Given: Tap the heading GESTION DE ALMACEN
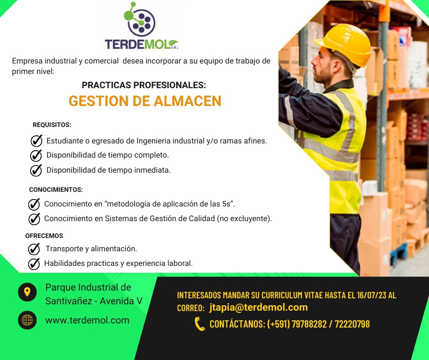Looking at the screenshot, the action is [145, 101].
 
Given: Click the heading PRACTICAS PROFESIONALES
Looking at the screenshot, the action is [144, 85].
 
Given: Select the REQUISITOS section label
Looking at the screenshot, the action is [52, 125].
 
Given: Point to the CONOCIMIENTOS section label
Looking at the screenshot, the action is [56, 190].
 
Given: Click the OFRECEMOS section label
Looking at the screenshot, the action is [44, 236].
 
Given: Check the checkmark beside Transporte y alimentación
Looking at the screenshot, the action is [34, 249].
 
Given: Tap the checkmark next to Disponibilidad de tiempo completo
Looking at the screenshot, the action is [36, 155].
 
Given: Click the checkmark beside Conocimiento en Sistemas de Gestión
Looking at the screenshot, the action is [34, 219].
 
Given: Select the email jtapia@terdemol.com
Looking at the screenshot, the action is [259, 307].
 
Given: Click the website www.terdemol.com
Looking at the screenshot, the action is [87, 320].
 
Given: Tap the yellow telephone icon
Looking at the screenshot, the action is [199, 324].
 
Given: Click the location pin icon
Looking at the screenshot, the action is [27, 292].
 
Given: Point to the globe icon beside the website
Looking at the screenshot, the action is [27, 320].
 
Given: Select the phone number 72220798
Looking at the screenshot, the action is [352, 324].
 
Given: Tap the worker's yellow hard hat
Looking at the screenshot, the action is [343, 44].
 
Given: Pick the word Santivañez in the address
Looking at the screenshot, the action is [68, 301].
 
